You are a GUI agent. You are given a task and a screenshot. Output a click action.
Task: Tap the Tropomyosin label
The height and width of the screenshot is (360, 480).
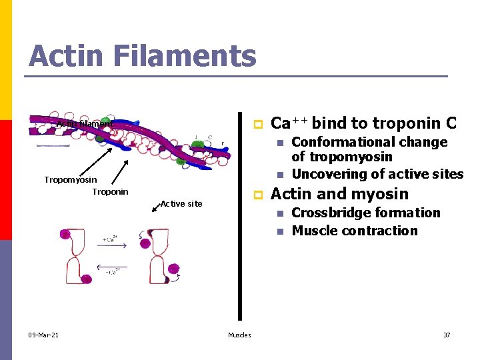71,179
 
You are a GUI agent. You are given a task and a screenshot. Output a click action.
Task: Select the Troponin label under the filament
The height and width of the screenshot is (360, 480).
110,192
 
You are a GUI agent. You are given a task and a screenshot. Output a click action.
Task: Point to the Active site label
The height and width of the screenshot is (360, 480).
181,203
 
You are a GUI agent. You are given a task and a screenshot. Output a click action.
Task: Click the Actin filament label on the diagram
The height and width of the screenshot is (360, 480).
83,124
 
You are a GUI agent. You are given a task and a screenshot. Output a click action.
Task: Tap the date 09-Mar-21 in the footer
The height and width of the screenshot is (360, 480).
43,335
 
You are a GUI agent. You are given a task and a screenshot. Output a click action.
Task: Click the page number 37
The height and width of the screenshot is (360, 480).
447,335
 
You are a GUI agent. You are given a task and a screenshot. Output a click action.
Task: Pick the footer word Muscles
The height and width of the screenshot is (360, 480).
239,335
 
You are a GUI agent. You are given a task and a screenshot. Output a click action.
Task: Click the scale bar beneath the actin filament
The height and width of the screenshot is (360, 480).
53,145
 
